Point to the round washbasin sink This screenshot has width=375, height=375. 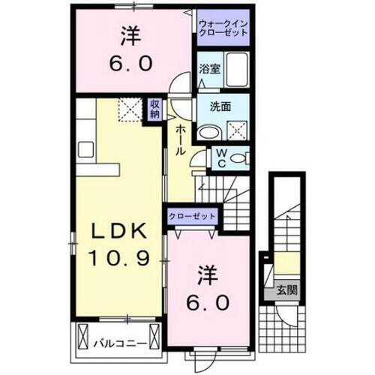(x=209, y=130)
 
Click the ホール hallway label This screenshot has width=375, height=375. (x=181, y=140)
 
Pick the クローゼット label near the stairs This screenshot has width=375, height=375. (x=192, y=215)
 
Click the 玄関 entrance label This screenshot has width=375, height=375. (x=284, y=289)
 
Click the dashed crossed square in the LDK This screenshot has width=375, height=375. (x=129, y=110)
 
